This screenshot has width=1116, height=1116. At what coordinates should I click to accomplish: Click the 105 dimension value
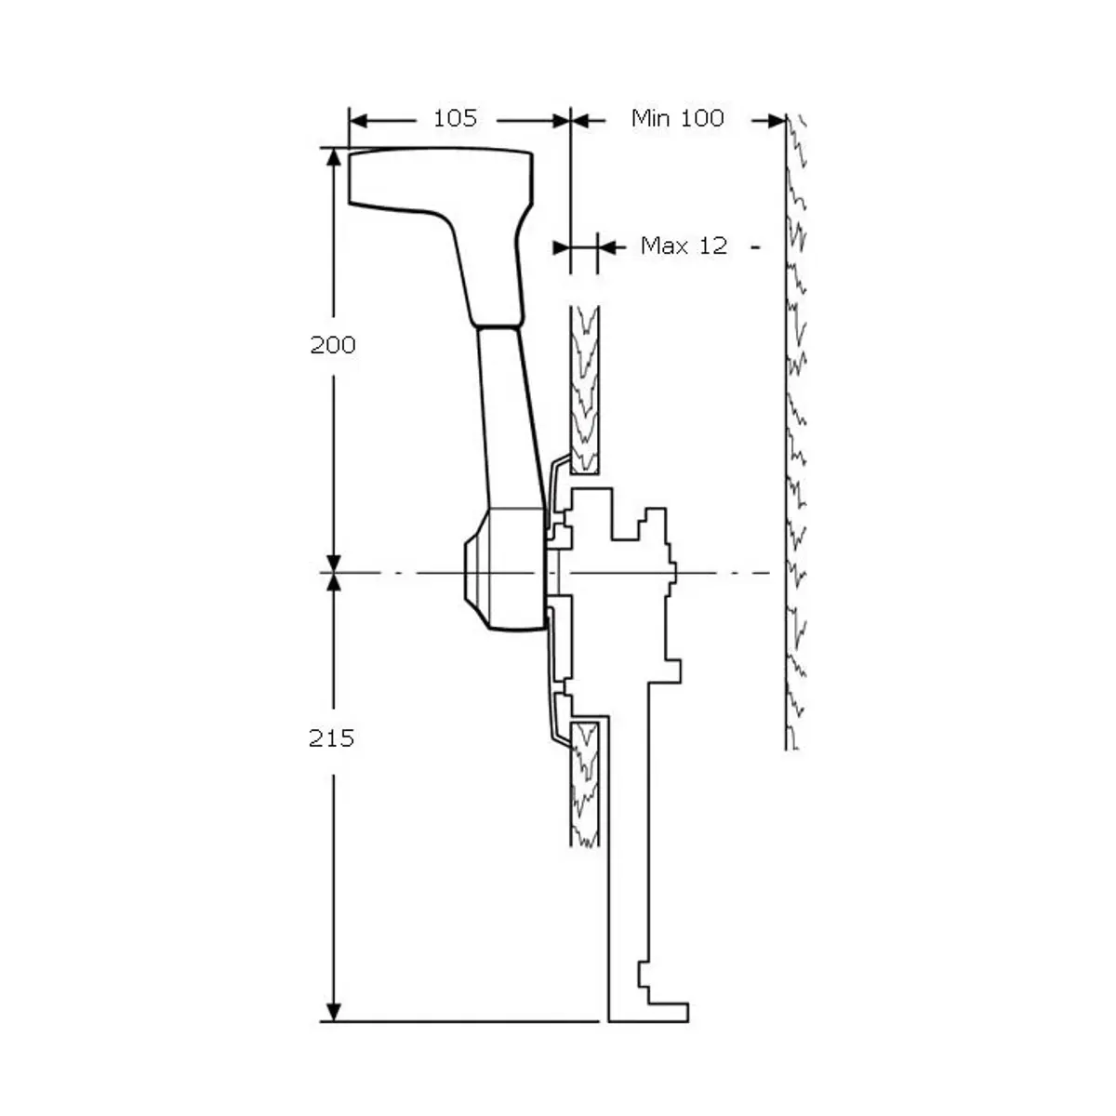tap(455, 119)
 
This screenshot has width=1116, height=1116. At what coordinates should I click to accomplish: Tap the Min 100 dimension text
tap(678, 118)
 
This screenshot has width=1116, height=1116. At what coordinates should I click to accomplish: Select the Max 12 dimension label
tap(684, 246)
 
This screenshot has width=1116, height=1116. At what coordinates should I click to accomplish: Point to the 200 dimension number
tap(333, 345)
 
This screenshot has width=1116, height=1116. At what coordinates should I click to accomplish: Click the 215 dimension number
tap(331, 738)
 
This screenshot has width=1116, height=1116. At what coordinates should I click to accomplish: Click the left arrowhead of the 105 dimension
tap(359, 121)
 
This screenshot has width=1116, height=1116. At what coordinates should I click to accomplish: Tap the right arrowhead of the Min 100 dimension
tap(777, 121)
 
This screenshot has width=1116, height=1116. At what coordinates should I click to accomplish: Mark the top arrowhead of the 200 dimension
tap(334, 157)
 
